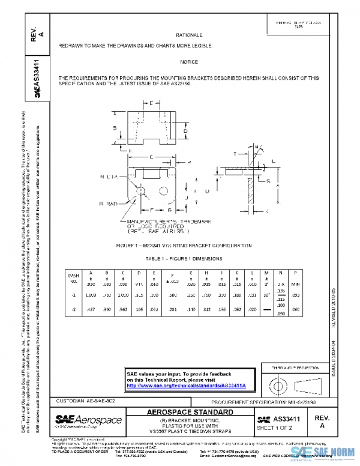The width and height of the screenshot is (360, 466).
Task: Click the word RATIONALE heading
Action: coord(189,35)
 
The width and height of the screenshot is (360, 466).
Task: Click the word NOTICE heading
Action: coord(189,62)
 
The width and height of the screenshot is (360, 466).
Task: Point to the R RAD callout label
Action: coord(109,204)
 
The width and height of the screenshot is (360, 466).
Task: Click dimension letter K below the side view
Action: coord(267,211)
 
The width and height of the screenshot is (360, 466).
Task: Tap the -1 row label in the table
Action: coord(74,295)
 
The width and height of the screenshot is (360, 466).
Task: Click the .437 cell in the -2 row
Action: coord(90,310)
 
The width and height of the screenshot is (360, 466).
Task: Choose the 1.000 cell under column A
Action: coord(90,295)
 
